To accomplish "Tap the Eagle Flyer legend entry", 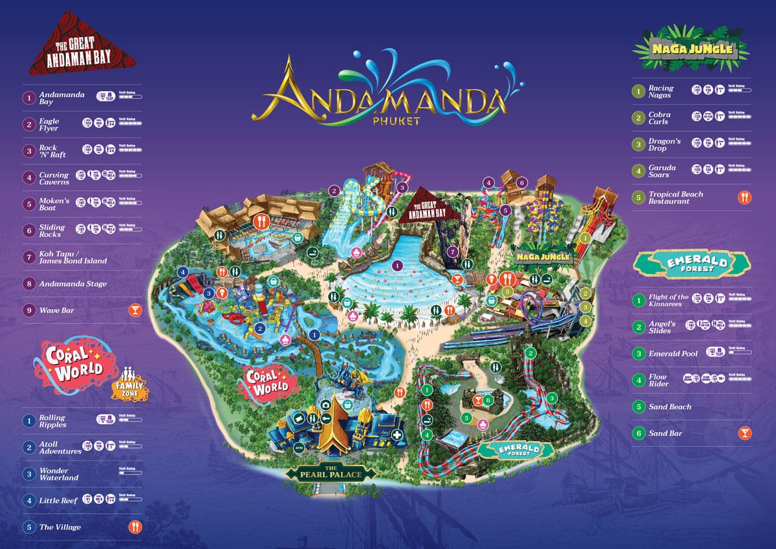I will click(49, 124).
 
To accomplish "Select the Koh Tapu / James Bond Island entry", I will click(72, 257).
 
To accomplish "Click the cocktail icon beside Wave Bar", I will click(136, 310).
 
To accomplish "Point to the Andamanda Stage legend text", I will click(73, 284).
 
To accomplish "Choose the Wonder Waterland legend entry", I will click(59, 474).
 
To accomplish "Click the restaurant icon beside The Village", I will click(136, 527).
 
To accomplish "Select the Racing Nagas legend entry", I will click(660, 91).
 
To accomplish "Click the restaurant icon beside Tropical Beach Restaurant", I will click(744, 197).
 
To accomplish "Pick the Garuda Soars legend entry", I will click(662, 171).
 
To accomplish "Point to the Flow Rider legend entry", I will click(658, 380).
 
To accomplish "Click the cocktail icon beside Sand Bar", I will click(744, 433).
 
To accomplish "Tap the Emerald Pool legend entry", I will click(673, 354).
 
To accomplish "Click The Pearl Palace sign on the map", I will click(331, 471).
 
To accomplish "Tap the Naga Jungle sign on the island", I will click(543, 257).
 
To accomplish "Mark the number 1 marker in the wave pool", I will click(397, 266).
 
